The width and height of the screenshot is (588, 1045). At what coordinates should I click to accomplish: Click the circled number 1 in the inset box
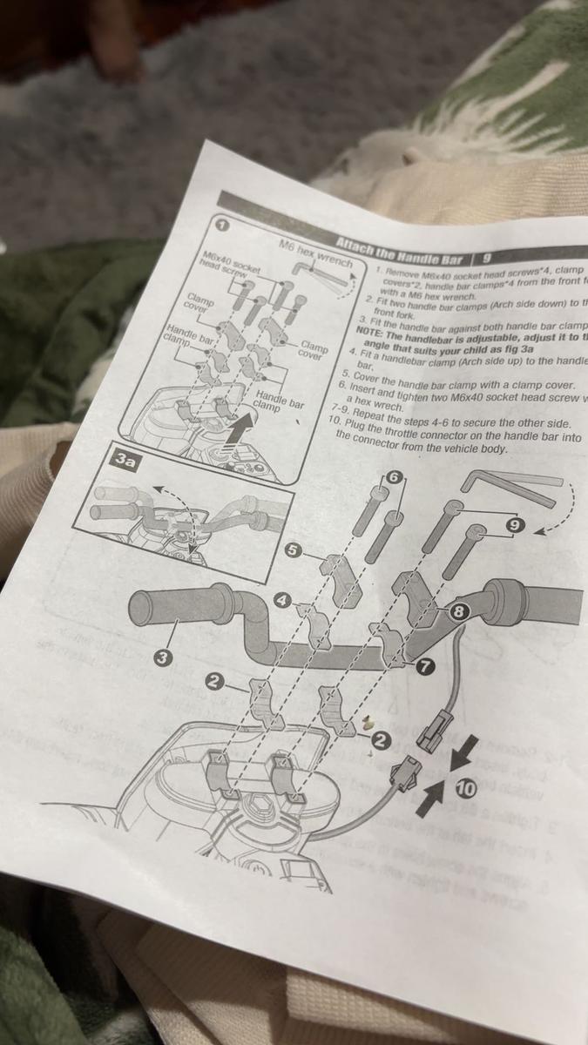[x=221, y=225]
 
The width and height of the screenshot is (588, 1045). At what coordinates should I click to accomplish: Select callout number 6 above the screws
[x=395, y=477]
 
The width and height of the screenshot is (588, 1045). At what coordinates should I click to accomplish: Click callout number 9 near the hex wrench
[x=515, y=525]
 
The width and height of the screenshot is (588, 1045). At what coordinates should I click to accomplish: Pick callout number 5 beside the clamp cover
[x=294, y=550]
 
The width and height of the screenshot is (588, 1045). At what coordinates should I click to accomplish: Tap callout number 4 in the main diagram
[x=281, y=600]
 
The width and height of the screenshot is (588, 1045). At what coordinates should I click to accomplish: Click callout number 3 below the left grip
[x=162, y=657]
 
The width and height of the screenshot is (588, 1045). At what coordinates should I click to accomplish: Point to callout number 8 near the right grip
[x=459, y=612]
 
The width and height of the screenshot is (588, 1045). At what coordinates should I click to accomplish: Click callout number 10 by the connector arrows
[x=465, y=788]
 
